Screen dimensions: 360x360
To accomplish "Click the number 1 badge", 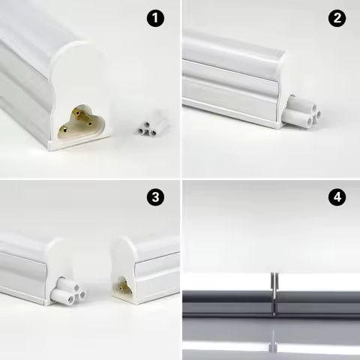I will pyautogui.click(x=155, y=19).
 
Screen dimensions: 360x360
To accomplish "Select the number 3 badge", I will pyautogui.click(x=155, y=198).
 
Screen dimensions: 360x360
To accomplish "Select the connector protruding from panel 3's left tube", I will pyautogui.click(x=67, y=292).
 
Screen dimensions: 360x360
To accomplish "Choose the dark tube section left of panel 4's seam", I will pyautogui.click(x=225, y=300).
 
